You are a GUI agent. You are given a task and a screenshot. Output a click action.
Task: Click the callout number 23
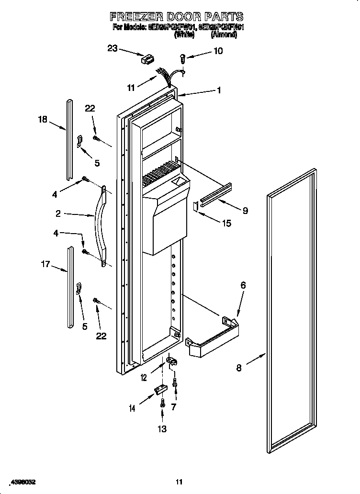tap(112, 48)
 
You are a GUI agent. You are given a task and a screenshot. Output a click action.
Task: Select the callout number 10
tap(218, 51)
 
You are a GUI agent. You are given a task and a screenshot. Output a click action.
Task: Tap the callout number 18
tap(43, 119)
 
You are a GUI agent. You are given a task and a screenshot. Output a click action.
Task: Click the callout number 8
tap(239, 368)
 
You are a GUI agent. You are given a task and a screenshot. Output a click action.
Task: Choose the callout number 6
tap(243, 285)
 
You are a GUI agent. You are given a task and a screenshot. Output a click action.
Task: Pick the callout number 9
tap(245, 210)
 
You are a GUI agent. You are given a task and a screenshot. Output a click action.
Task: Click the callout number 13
tap(162, 429)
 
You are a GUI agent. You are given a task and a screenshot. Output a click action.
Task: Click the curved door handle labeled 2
tap(101, 225)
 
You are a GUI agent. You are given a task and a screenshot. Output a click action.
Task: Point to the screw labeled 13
tap(162, 403)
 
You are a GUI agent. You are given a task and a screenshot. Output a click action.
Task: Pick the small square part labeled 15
tap(195, 206)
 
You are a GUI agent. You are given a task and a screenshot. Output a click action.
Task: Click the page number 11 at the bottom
tap(179, 482)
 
